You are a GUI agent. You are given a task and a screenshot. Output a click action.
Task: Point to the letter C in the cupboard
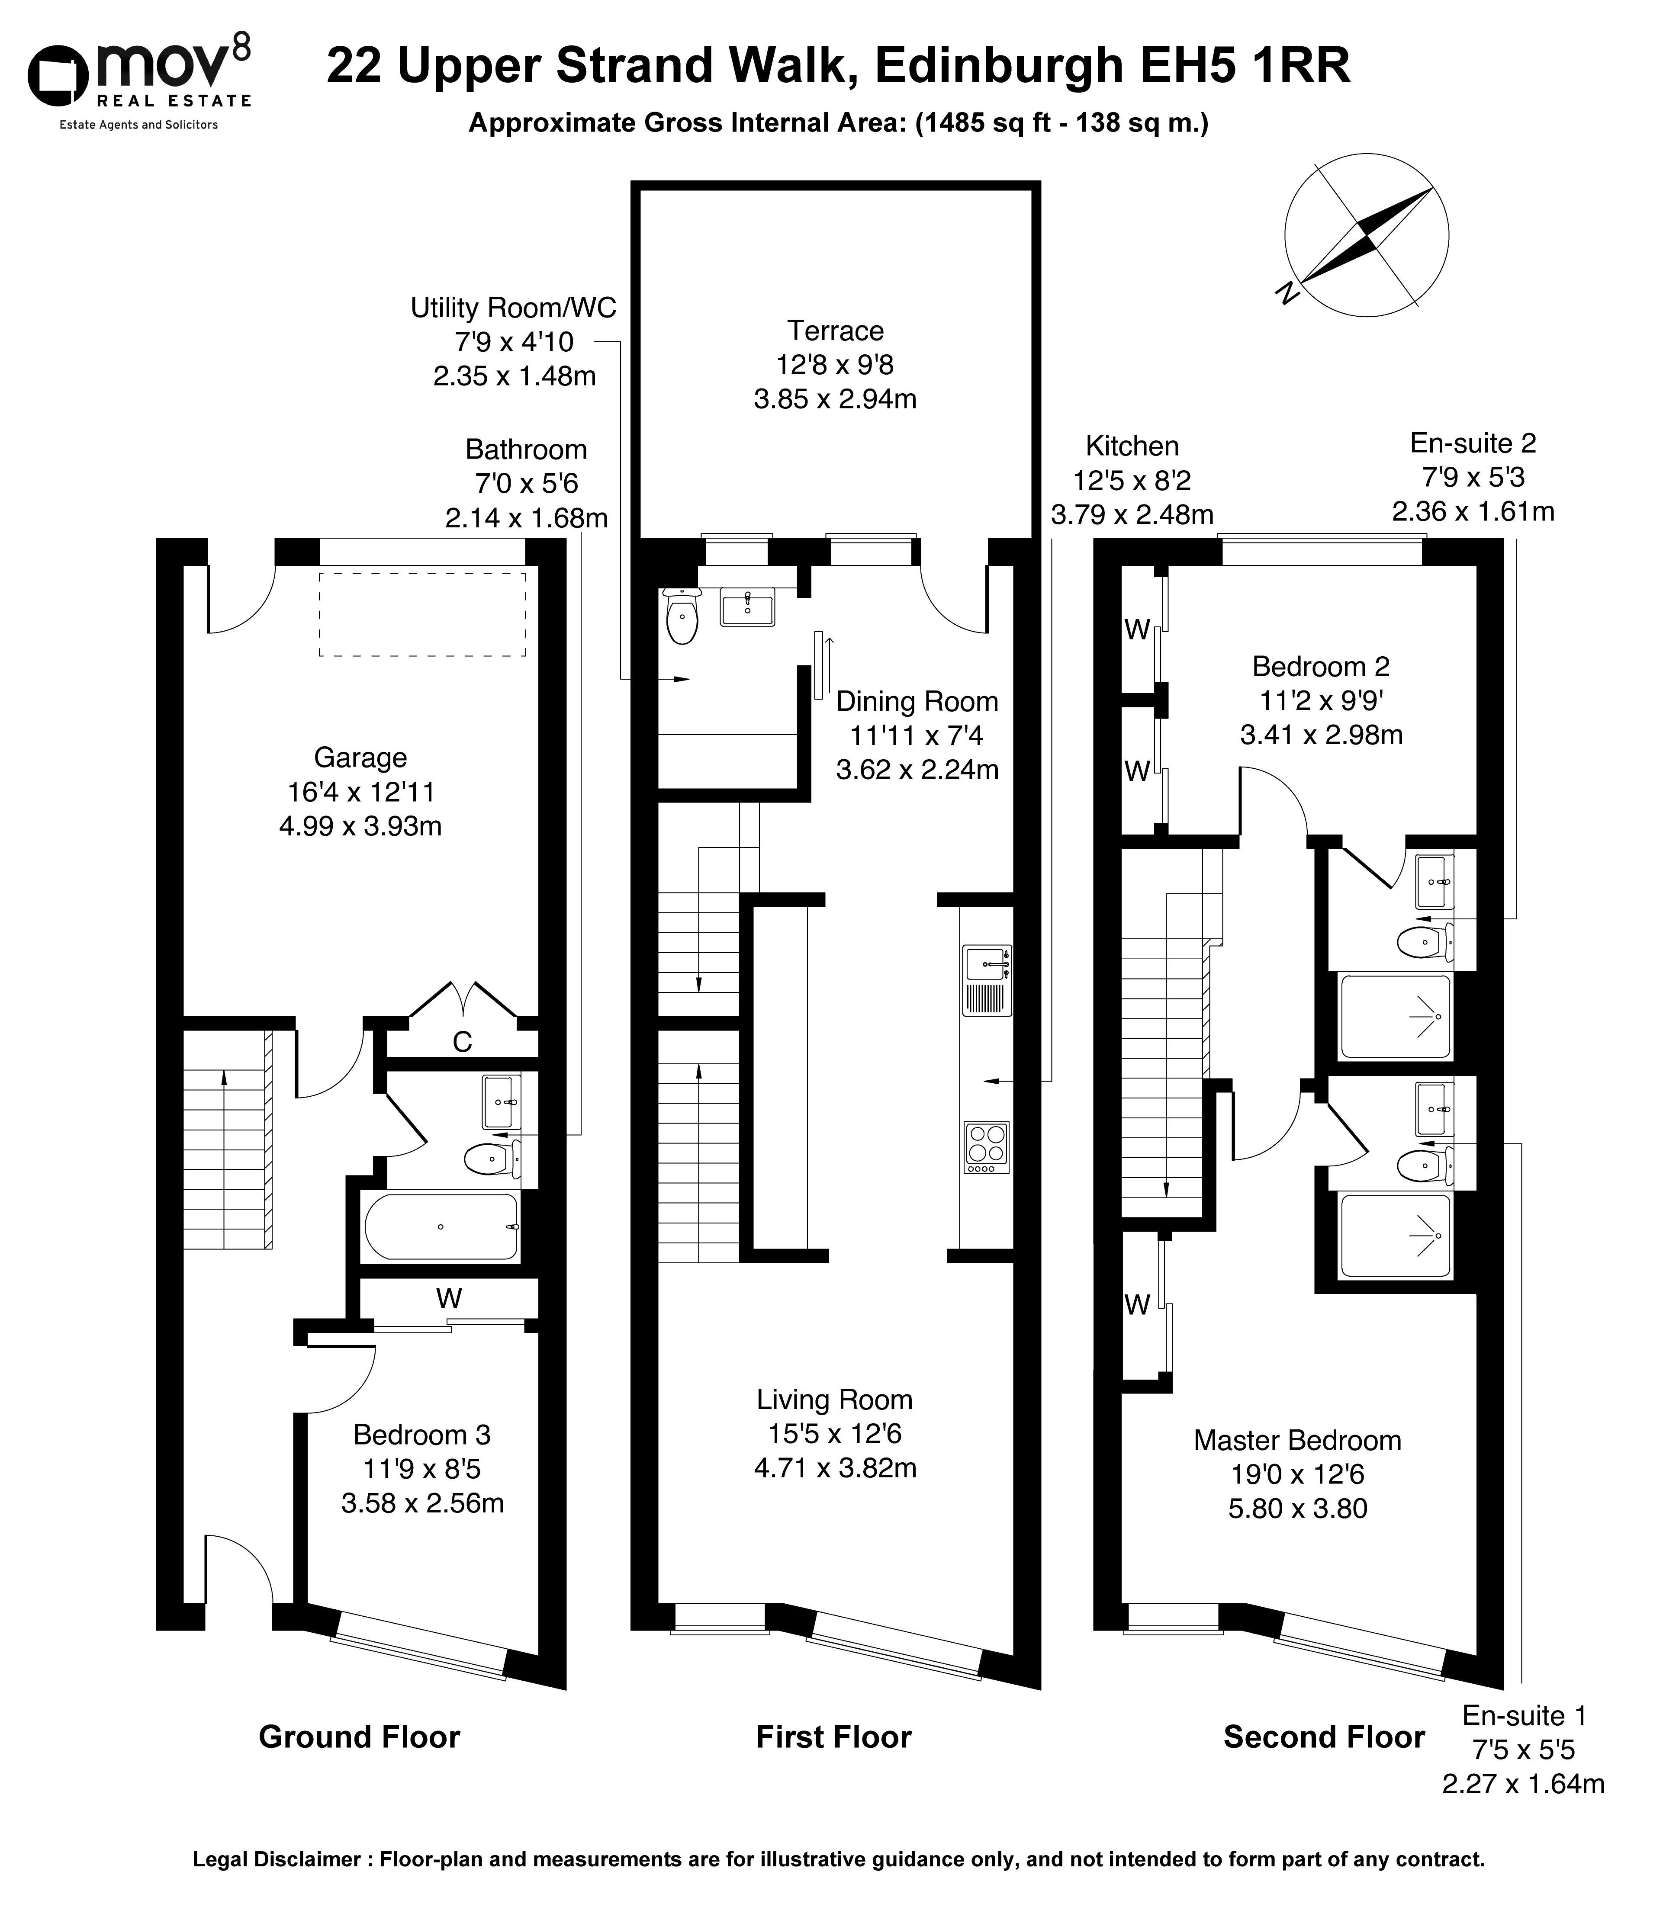tap(462, 1042)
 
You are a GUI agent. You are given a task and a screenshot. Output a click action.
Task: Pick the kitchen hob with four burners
tap(987, 1146)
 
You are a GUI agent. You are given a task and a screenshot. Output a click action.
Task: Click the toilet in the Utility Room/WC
tap(682, 616)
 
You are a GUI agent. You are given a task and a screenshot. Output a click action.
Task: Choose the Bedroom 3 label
tap(422, 1435)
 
